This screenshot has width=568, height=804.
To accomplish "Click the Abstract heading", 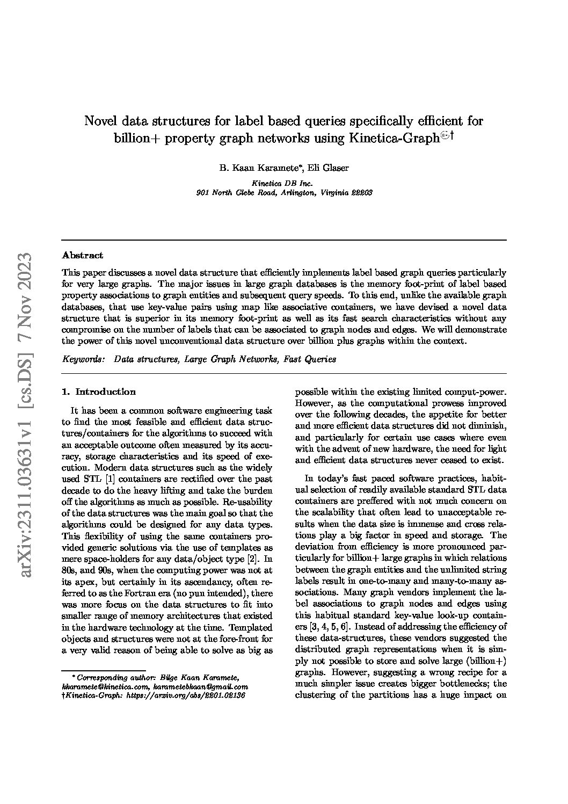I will (x=83, y=255).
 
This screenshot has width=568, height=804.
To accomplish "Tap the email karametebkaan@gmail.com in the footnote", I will (x=201, y=686).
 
